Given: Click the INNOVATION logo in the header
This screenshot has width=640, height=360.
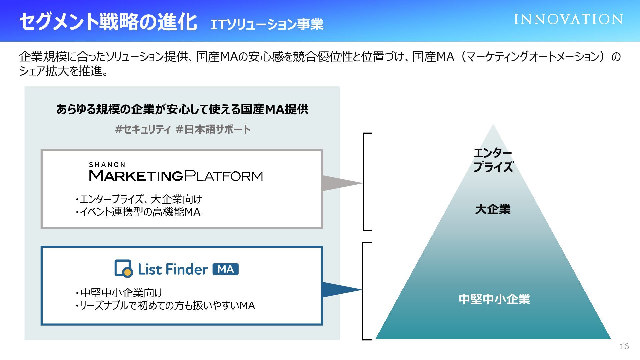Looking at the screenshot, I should point(568,19).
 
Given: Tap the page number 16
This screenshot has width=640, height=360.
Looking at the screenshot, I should point(624,347).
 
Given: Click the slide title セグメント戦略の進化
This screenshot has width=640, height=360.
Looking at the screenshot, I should point(108,22).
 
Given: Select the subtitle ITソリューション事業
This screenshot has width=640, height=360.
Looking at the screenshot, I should point(267,24).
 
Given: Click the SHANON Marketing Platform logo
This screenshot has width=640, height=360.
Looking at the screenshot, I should point(176,172).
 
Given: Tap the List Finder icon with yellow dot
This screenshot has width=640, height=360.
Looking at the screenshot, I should point(123,269).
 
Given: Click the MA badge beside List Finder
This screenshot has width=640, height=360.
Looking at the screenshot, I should point(226,269).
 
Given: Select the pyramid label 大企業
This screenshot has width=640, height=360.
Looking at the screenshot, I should point(493,209).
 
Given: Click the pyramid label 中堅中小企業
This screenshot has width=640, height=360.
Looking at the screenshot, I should point(494,299).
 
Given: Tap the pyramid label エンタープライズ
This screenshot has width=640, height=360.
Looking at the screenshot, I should point(493,160).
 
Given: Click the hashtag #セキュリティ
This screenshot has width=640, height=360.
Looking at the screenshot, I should point(143,129).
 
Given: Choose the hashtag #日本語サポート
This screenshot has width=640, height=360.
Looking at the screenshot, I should point(213,129).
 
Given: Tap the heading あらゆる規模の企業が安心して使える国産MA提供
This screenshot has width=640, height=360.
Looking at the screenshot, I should point(182,109).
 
